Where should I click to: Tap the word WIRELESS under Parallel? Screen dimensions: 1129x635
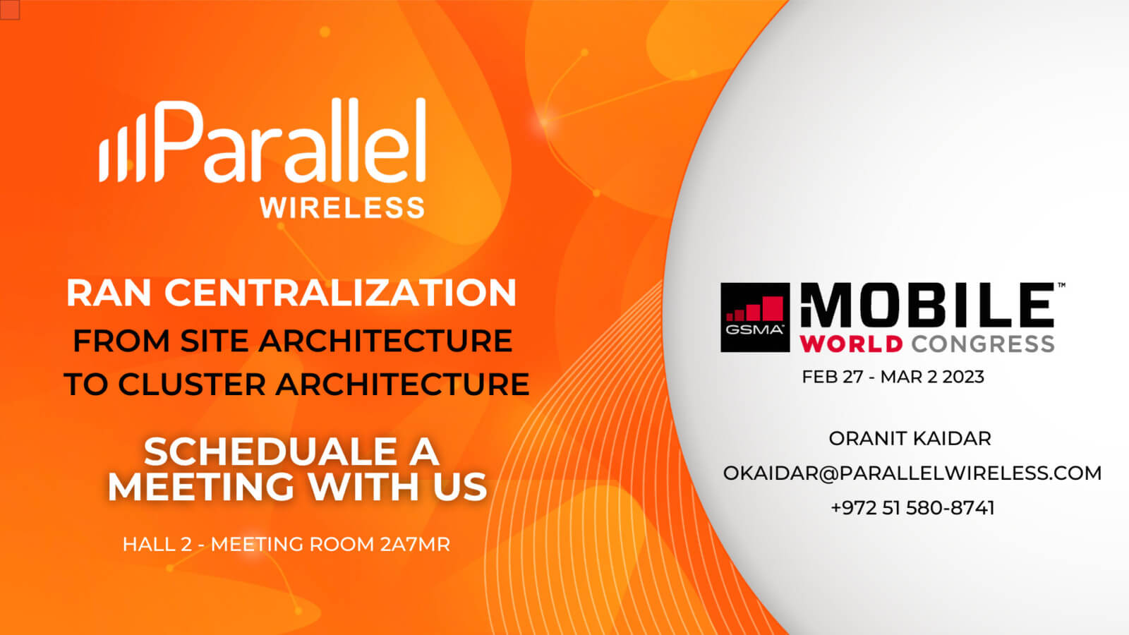coord(342,207)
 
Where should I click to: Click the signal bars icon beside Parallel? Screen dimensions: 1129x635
coord(122,147)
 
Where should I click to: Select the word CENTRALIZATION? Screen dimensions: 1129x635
coord(340,293)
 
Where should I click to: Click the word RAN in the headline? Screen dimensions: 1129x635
coord(109,293)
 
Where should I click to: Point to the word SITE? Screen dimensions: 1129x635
coord(215,341)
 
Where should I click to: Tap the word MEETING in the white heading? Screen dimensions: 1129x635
coord(200,487)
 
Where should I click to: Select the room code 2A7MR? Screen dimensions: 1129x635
coord(415,544)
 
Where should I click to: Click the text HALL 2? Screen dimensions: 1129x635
coord(157,544)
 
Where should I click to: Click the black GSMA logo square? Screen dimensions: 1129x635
coord(755,317)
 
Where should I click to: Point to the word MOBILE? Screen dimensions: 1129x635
coord(927,306)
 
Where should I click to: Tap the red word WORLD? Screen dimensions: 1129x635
coord(851,344)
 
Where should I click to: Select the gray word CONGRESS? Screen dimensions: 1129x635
coord(983,344)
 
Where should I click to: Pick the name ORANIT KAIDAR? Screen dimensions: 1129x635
coord(910,438)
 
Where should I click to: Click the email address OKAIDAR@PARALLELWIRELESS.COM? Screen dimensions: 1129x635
coord(912,473)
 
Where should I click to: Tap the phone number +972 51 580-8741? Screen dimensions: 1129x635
coord(913,507)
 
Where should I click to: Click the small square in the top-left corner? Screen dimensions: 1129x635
coord(10,10)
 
